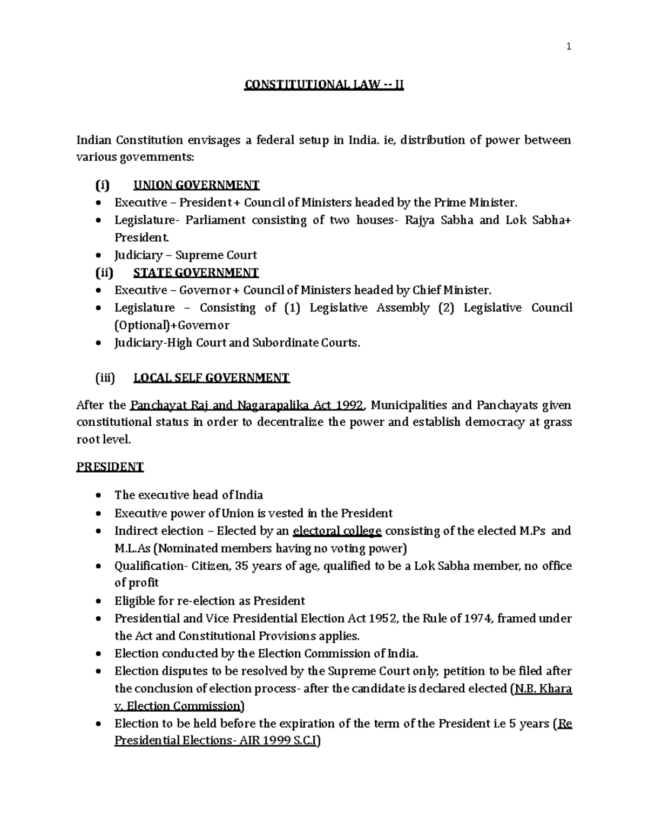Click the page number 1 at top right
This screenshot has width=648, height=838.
click(x=568, y=47)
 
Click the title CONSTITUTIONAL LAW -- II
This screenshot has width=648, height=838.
click(x=324, y=85)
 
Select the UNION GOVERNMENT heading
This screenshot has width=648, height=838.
click(x=197, y=185)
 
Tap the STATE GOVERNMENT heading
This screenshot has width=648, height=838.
click(x=196, y=272)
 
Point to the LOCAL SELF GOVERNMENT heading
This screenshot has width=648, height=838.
click(x=212, y=378)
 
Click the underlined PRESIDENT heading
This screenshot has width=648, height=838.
click(x=110, y=467)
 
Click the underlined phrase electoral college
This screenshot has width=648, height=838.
click(x=337, y=531)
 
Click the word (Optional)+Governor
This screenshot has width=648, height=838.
click(x=172, y=325)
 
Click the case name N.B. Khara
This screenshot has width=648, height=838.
click(x=543, y=689)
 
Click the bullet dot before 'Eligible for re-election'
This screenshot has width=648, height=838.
click(x=97, y=602)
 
